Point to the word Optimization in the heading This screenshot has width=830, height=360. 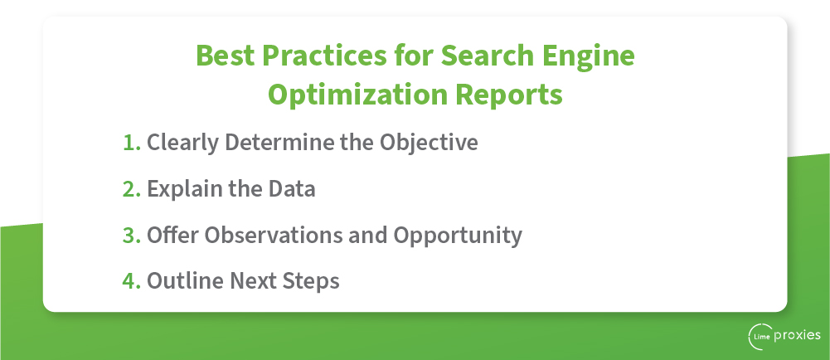[x=358, y=95]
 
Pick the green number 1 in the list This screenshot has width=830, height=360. [x=131, y=143]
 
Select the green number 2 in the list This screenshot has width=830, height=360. [x=131, y=189]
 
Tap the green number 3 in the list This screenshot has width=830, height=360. [x=131, y=235]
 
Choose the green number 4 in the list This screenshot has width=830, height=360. [x=131, y=281]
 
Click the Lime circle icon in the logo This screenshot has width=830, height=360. [x=759, y=336]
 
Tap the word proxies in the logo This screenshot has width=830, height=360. [x=798, y=336]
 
